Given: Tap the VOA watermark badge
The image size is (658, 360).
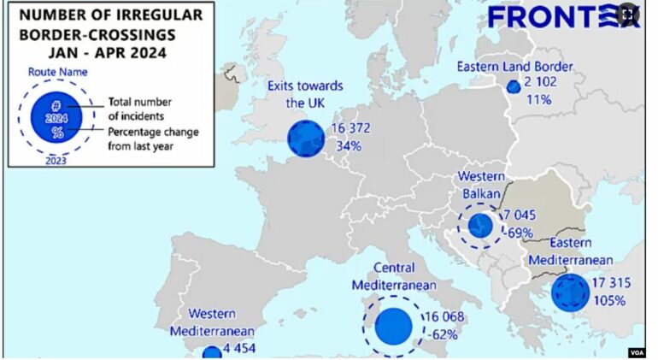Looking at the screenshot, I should coord(637,351).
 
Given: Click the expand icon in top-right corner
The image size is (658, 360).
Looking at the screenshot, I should coord(628,15).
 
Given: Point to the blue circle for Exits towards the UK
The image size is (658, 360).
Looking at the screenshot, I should coord(305,139).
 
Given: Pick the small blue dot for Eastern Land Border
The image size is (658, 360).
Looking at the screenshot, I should coord(514,86).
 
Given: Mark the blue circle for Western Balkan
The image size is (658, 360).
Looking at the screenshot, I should coord(480,225).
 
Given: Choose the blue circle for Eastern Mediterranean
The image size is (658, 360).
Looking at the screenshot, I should coord(570,292).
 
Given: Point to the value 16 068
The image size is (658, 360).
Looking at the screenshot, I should coord(444,317).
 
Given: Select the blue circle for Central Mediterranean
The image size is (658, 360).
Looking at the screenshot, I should coord(393,325).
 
